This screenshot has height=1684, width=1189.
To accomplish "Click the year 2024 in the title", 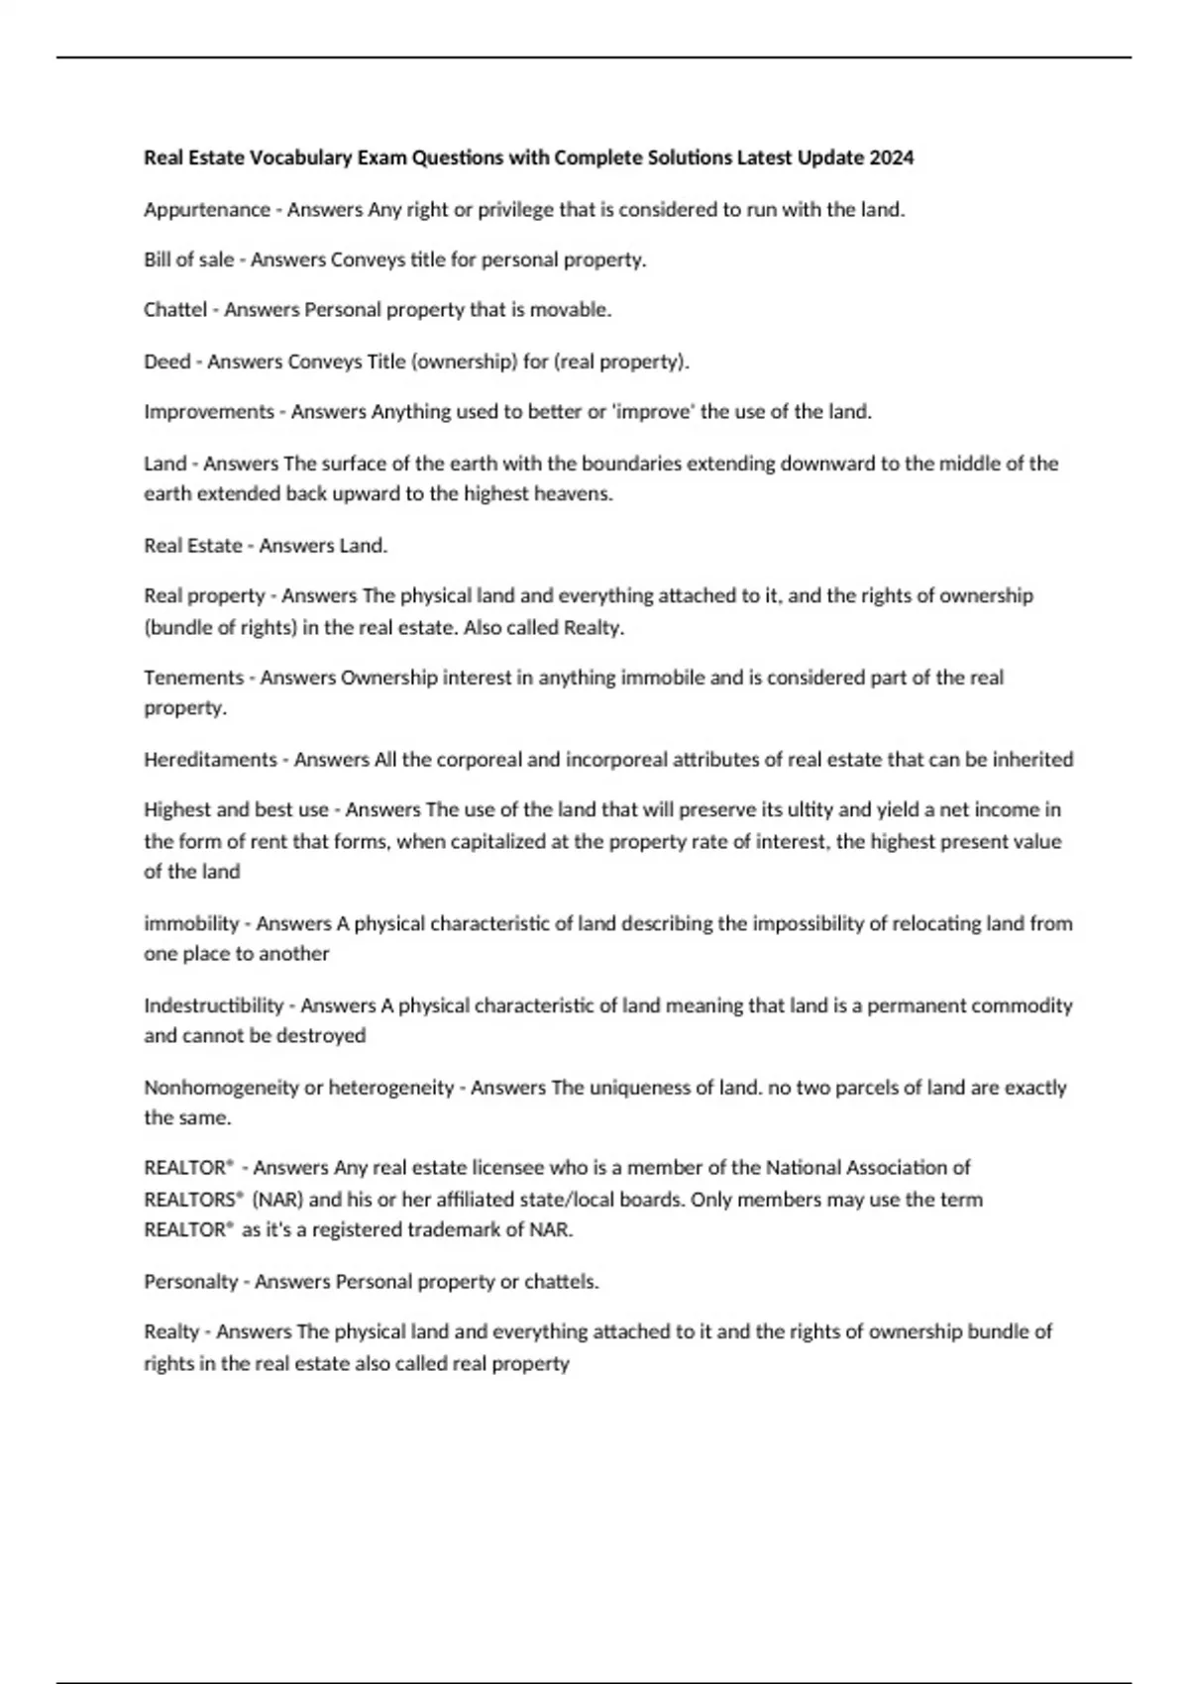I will [892, 158].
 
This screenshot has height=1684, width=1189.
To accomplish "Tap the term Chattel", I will [175, 310].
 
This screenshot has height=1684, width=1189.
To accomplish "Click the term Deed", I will [166, 362].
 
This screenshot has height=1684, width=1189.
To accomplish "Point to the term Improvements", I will [208, 412].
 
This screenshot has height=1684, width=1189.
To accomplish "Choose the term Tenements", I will [193, 678].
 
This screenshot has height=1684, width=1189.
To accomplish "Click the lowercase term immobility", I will [191, 923].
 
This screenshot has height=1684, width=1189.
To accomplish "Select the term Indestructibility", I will [213, 1005].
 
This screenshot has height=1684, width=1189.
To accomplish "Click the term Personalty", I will [190, 1282].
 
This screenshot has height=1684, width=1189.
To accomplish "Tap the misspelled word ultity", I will [811, 810].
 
